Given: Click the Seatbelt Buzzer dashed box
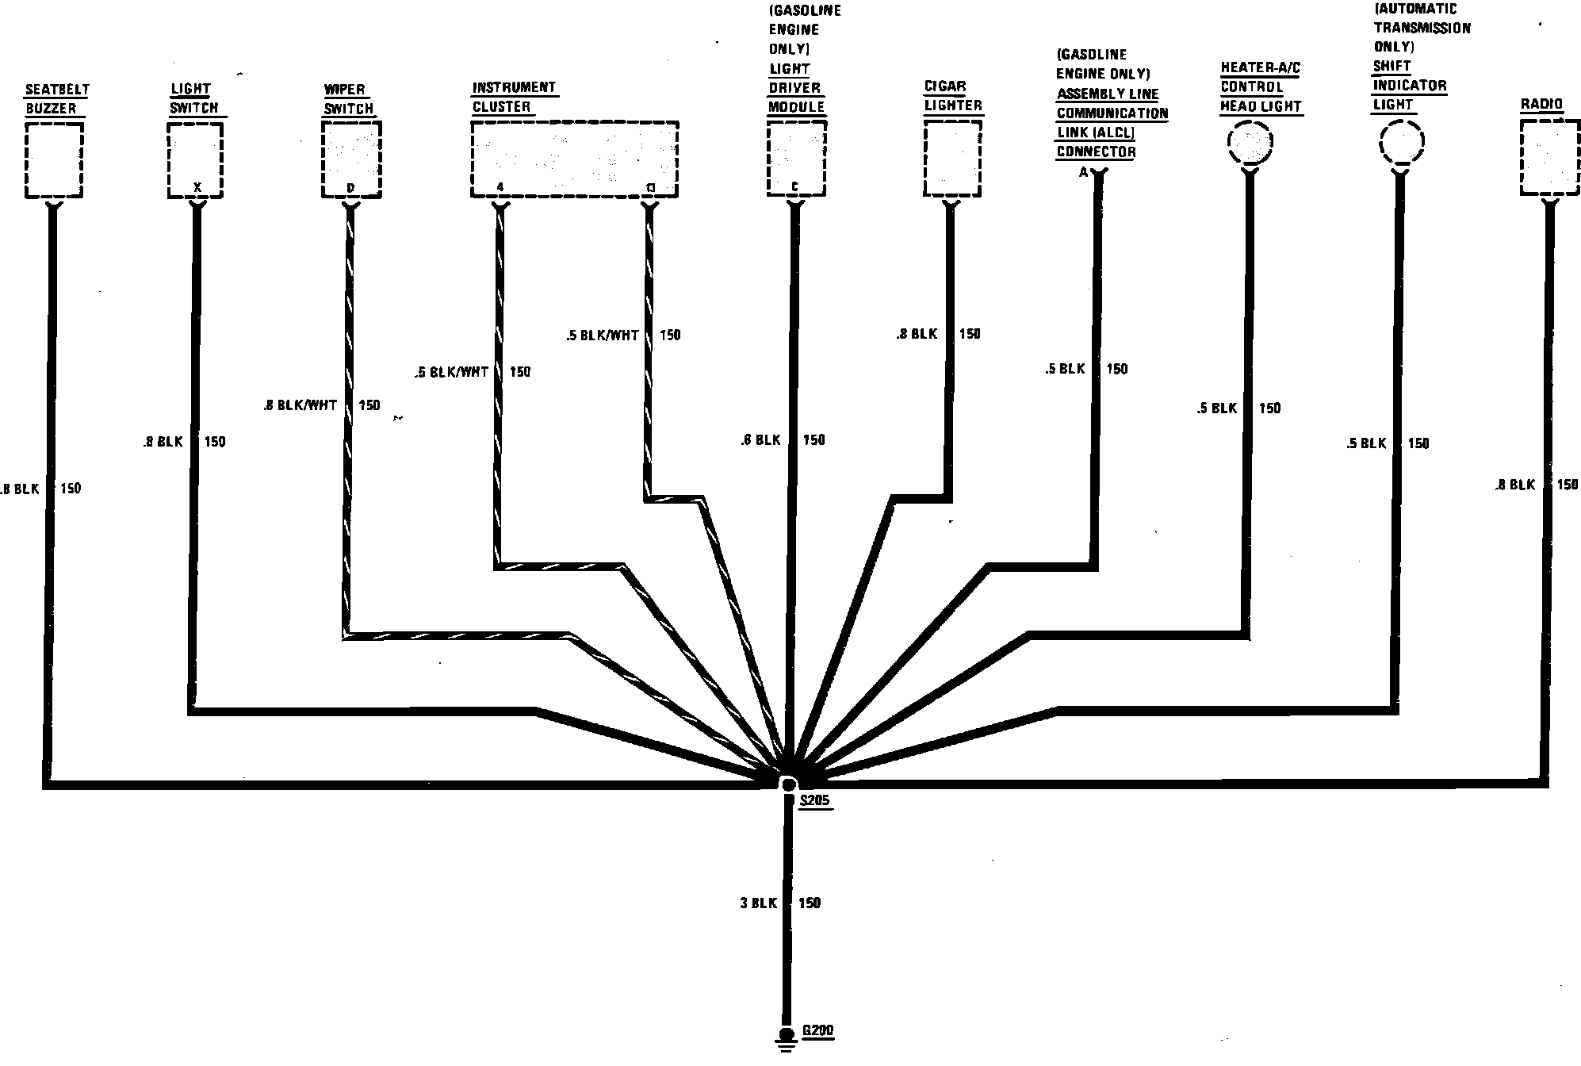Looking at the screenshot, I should click(54, 160).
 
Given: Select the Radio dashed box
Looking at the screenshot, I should click(1549, 159).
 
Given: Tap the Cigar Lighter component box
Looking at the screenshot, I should click(953, 159).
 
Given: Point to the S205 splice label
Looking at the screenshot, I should click(814, 800).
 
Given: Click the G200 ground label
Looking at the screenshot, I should click(817, 1032).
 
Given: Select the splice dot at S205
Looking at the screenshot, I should click(788, 784).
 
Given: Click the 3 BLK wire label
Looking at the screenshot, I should click(758, 903).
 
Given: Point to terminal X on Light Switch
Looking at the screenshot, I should click(197, 188).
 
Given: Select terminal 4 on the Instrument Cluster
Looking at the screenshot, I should click(500, 188).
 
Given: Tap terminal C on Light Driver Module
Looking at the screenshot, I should click(794, 188).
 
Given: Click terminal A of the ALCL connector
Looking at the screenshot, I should click(1084, 173).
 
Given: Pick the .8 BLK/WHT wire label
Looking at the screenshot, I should click(301, 405).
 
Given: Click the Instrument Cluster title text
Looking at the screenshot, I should click(514, 97).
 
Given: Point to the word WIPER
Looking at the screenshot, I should click(344, 89).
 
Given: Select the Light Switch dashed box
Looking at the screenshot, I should click(195, 163).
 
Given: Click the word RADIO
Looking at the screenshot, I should click(1541, 104).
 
